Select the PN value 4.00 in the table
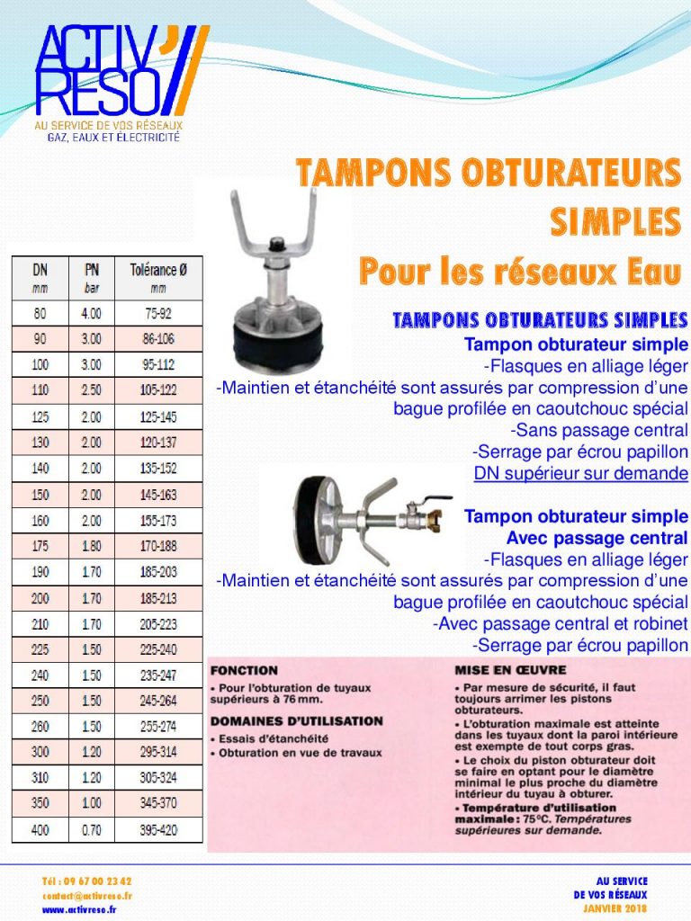click(92, 314)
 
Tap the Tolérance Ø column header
click(158, 275)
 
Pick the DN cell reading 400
click(40, 830)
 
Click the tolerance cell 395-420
click(158, 830)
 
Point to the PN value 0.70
click(92, 830)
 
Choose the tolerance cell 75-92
click(158, 314)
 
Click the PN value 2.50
click(92, 390)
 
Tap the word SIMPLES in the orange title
click(615, 219)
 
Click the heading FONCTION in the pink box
click(244, 670)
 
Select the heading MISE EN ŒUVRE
click(510, 670)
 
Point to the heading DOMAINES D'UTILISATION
click(296, 721)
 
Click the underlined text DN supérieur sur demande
click(580, 474)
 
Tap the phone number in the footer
click(86, 881)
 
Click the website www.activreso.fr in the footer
click(80, 909)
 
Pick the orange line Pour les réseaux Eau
click(518, 269)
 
